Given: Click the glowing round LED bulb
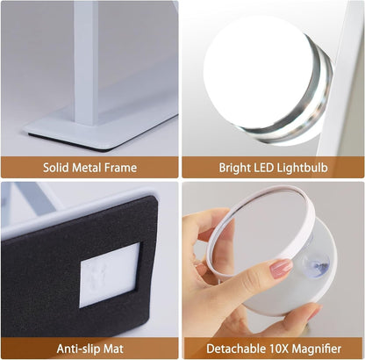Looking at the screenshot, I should tap(254, 65).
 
